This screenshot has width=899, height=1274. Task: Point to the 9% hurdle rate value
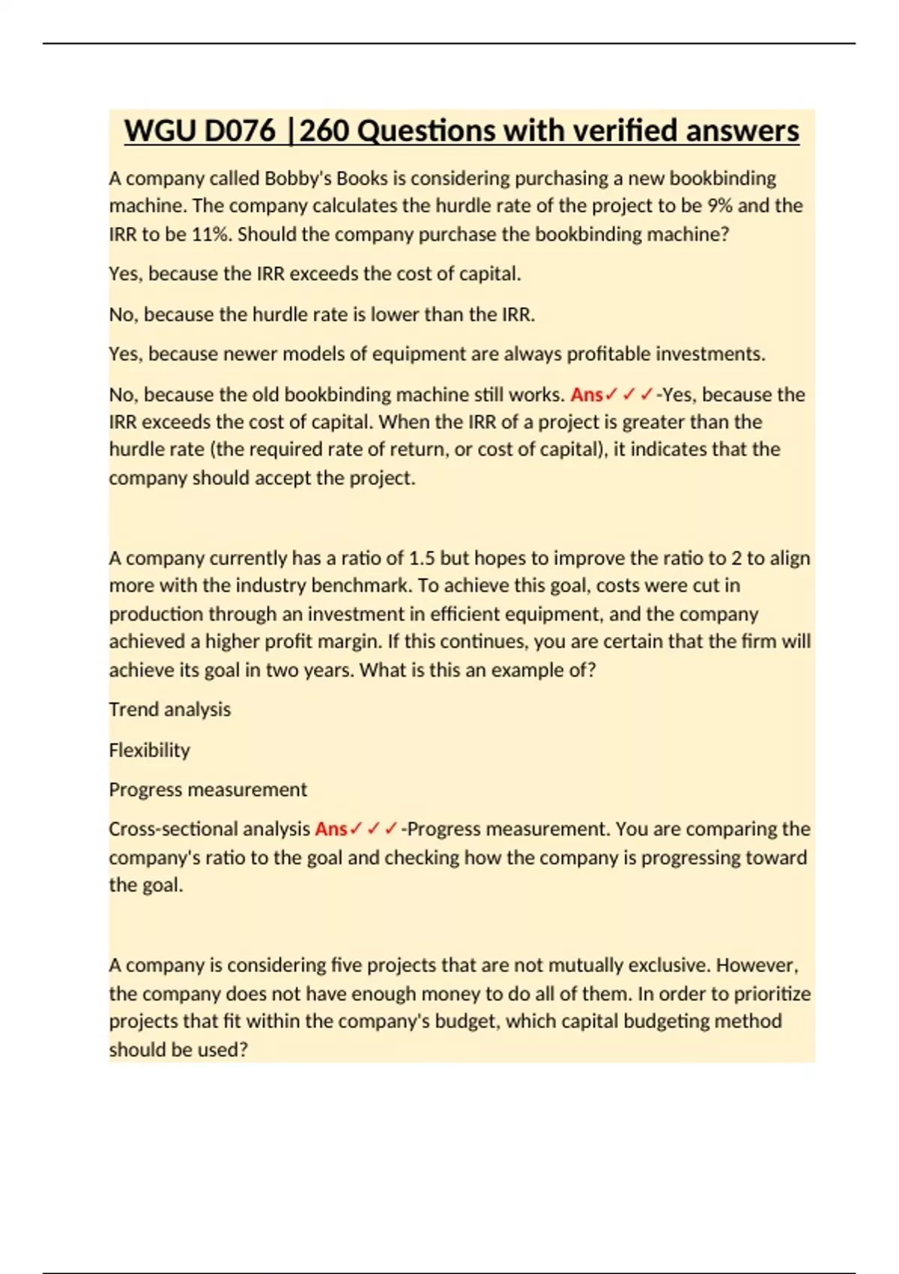(x=720, y=206)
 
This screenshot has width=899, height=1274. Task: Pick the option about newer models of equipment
(x=437, y=354)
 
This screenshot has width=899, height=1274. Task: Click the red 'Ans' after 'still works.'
(x=587, y=395)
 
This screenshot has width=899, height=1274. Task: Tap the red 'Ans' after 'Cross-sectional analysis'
(x=331, y=830)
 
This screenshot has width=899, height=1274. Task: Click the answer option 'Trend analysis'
(x=169, y=710)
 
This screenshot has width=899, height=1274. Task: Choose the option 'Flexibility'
(x=149, y=750)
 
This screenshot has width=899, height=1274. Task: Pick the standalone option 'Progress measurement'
(x=208, y=790)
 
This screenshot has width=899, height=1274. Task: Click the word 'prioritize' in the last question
(x=772, y=994)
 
